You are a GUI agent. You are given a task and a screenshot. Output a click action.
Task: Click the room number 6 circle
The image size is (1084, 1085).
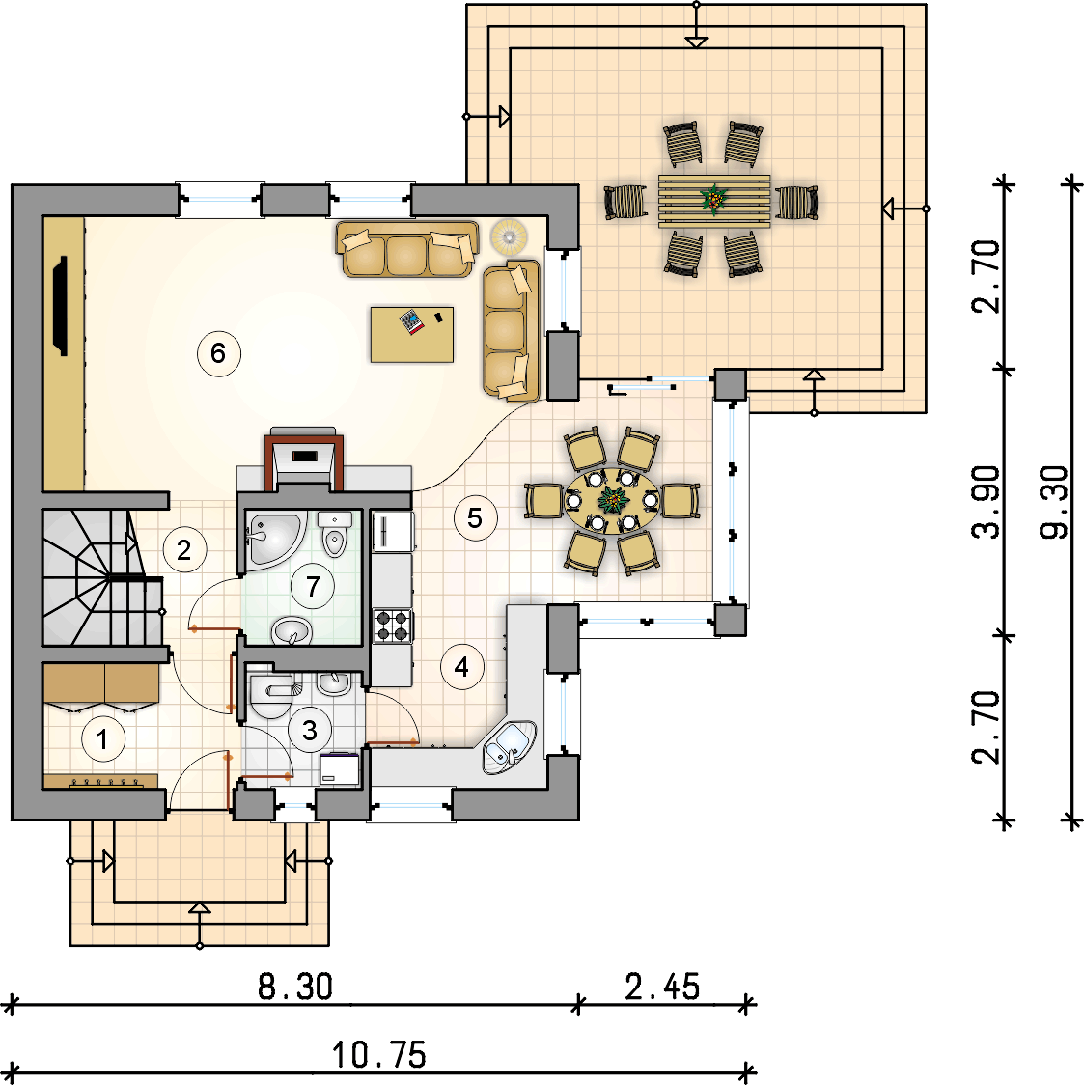(218, 353)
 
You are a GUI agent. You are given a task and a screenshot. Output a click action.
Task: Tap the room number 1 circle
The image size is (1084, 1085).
(103, 739)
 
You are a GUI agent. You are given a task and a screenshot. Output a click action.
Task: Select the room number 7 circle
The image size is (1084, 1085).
(313, 586)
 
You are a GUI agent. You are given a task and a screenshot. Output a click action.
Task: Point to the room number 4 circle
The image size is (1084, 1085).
(461, 666)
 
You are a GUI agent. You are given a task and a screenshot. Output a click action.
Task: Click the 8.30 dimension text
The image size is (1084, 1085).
(295, 987)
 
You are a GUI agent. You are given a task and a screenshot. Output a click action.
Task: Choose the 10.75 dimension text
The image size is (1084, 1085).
(379, 1055)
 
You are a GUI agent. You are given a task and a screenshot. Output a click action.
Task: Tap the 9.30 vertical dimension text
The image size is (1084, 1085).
(1054, 502)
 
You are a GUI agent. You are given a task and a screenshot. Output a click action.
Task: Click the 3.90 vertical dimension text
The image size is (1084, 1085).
(986, 502)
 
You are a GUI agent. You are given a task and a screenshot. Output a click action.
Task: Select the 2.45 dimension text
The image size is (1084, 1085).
(662, 987)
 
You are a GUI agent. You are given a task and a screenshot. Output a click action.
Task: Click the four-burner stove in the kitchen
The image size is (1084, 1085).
(393, 626)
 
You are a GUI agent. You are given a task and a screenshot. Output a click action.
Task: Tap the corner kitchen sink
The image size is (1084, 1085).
(510, 747)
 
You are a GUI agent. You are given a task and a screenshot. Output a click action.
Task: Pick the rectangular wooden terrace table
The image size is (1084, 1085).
(714, 201)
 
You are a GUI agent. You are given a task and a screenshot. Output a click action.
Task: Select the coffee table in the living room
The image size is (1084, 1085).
(412, 335)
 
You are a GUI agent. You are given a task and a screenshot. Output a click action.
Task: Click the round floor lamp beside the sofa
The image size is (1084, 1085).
(509, 236)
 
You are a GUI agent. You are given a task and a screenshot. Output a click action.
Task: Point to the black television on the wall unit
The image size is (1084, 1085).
(62, 306)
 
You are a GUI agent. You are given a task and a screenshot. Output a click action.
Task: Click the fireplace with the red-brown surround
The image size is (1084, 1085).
(304, 459)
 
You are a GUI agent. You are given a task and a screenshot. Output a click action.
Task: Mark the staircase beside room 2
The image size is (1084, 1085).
(102, 578)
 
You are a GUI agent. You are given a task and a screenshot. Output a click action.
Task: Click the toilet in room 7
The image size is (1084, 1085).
(335, 534)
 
